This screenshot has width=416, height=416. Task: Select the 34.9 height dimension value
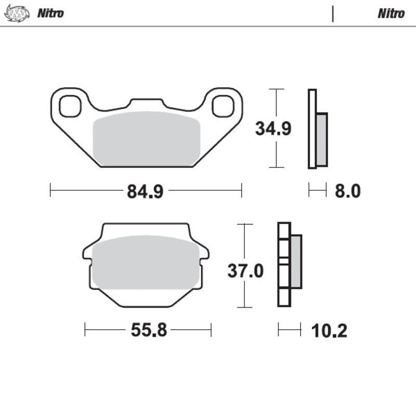[272, 128]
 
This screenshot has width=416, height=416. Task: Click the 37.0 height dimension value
[245, 270]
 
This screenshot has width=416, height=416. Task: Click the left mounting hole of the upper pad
[70, 106]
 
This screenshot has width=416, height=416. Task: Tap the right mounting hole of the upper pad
[222, 106]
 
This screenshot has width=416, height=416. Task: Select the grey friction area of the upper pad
[146, 138]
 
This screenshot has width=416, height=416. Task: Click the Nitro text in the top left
[50, 13]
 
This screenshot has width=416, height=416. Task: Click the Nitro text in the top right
[391, 13]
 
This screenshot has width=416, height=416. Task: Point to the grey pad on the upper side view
[322, 139]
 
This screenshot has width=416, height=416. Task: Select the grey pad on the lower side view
[296, 262]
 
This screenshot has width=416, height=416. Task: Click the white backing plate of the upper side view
[312, 129]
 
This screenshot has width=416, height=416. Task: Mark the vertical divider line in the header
[333, 14]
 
